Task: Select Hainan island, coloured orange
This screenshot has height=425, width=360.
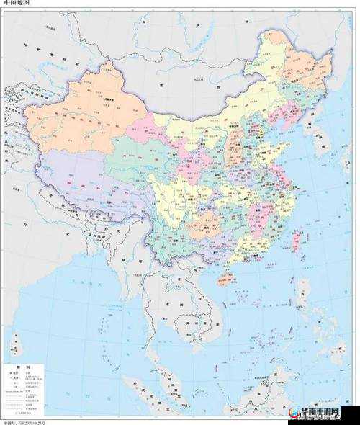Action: (x=226, y=278)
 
